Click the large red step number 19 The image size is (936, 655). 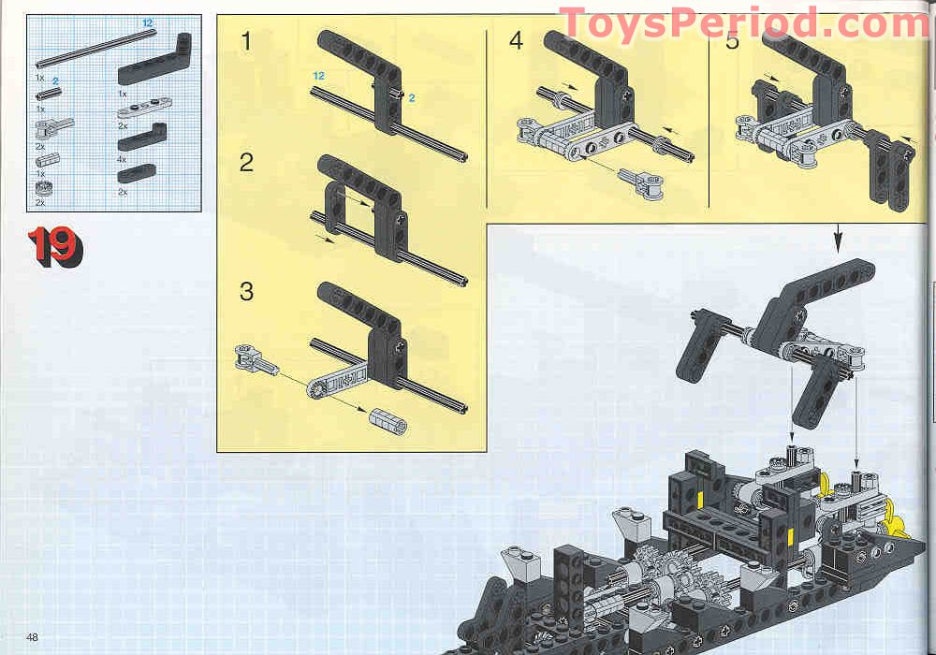(x=54, y=247)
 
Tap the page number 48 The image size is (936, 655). (x=33, y=637)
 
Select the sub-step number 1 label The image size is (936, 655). (x=246, y=41)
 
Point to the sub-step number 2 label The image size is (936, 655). (x=246, y=163)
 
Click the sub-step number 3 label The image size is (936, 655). (x=246, y=291)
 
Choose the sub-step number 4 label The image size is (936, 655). (x=517, y=41)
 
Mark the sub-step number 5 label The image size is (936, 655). (x=731, y=41)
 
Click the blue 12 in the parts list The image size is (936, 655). (x=147, y=22)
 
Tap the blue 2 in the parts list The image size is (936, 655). (x=55, y=81)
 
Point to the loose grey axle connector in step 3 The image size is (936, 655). (x=386, y=421)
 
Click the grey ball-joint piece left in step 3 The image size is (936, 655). (x=256, y=359)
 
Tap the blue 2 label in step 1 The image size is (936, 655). (x=411, y=97)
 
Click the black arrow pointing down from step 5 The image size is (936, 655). (x=839, y=240)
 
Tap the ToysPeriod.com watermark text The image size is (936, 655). (x=743, y=23)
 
